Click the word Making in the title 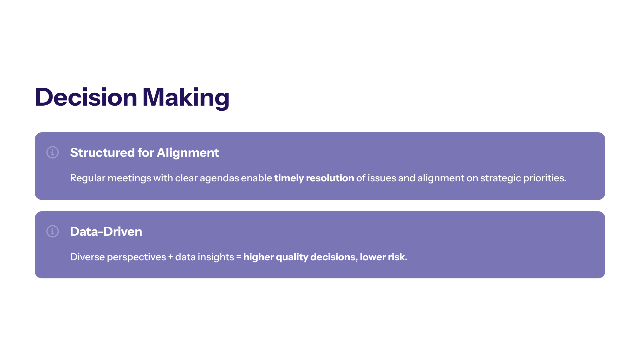(x=186, y=98)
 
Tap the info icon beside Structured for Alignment (x=53, y=153)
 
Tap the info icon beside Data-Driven (x=53, y=231)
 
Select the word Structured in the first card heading (x=102, y=153)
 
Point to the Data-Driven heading (x=106, y=231)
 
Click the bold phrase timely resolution (x=314, y=178)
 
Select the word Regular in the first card (x=88, y=178)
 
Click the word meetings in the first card (x=129, y=178)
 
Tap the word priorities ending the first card (x=545, y=178)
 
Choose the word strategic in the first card (x=501, y=178)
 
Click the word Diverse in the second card (x=87, y=257)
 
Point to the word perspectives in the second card (x=137, y=257)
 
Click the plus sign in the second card (x=170, y=257)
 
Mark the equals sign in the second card (x=238, y=257)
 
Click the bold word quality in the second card (x=292, y=257)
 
